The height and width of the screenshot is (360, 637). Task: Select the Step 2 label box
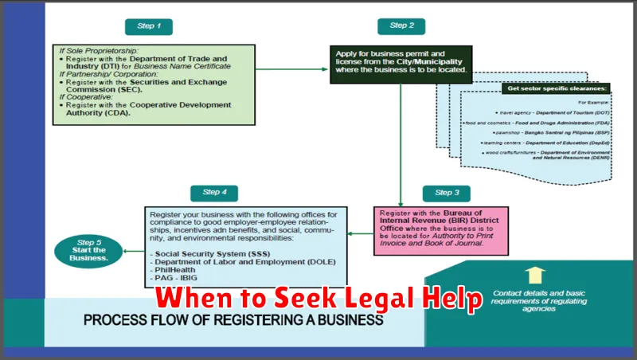401,26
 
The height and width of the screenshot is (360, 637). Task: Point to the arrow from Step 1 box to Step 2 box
293,68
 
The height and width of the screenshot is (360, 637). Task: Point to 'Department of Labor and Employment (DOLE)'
244,262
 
